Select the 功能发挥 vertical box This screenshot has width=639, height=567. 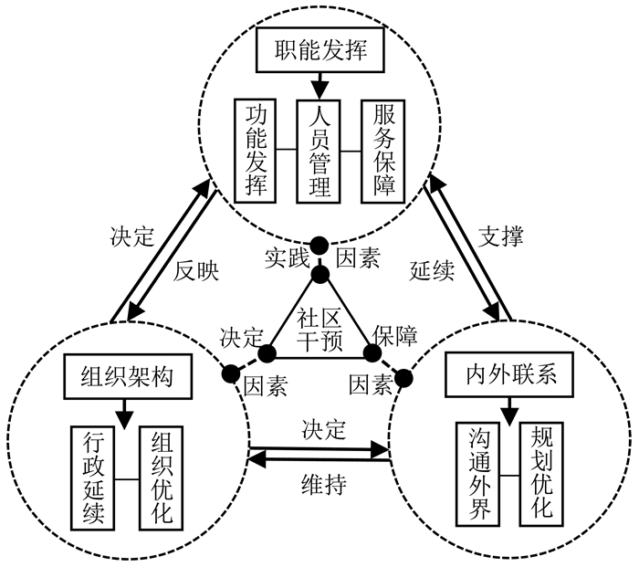point(254,150)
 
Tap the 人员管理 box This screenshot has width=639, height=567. point(319,150)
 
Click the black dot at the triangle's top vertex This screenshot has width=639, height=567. point(320,274)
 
